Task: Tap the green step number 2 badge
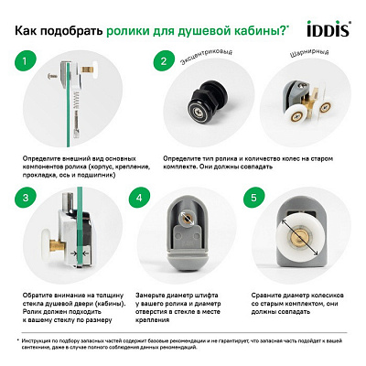click(163, 64)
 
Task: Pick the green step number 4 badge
click(139, 197)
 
